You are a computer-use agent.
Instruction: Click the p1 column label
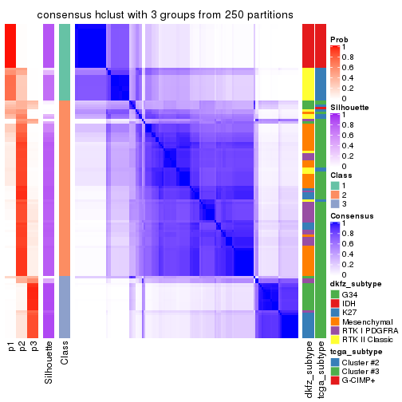(x=11, y=347)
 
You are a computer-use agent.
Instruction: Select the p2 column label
(x=22, y=347)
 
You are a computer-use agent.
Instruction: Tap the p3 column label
(x=33, y=347)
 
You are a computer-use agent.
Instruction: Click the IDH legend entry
(x=350, y=304)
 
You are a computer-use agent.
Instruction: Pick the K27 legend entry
(x=350, y=315)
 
